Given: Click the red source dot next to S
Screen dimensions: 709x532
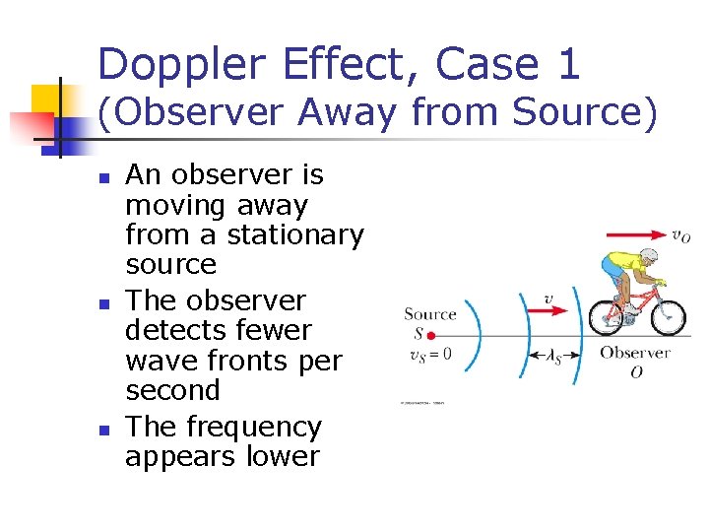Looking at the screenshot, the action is point(431,336).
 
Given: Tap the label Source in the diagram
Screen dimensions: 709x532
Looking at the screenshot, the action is point(429,314).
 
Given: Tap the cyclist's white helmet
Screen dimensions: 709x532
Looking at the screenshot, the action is point(648,256).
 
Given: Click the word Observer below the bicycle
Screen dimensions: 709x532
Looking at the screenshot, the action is point(635,353).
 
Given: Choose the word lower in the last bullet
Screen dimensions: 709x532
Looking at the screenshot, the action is point(287,456).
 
